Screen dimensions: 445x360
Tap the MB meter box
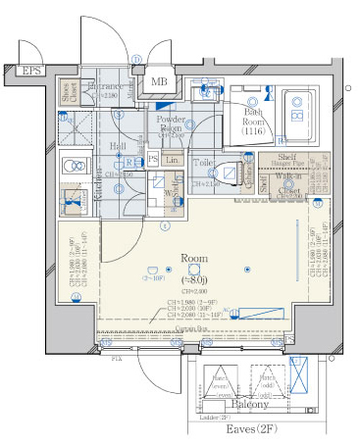click(158, 81)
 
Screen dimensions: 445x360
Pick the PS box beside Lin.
click(153, 159)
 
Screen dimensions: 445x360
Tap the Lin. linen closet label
click(173, 159)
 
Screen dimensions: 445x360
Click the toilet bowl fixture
click(227, 173)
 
